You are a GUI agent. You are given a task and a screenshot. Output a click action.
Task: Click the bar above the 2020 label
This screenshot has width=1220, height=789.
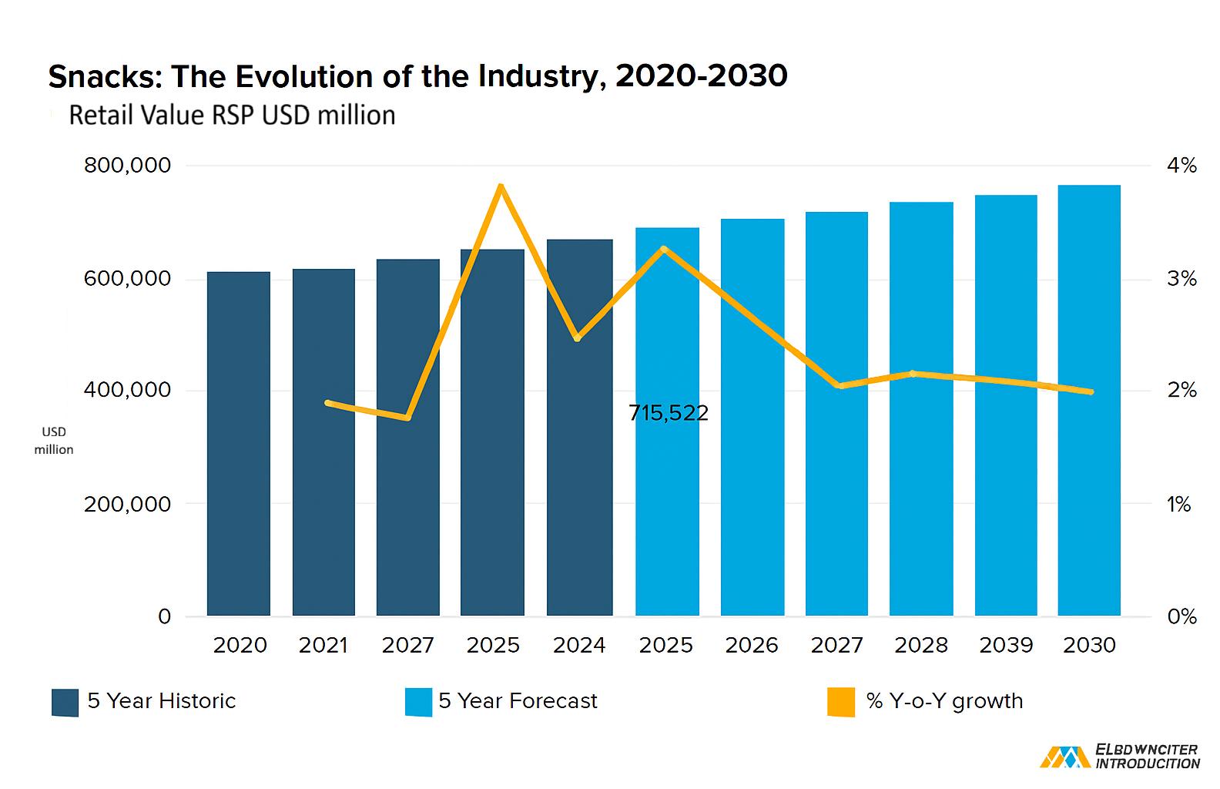pyautogui.click(x=239, y=444)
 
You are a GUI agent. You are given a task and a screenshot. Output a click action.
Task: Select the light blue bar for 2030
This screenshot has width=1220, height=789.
pyautogui.click(x=1089, y=401)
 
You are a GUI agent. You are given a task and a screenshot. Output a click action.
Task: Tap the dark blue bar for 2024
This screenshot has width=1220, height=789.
pyautogui.click(x=579, y=427)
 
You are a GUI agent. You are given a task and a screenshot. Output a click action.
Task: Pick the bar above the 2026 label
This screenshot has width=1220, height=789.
pyautogui.click(x=752, y=418)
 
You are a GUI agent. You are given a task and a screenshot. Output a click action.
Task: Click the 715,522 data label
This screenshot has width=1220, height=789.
pyautogui.click(x=669, y=413)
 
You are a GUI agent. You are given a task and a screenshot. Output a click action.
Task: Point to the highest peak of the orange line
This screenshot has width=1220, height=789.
pyautogui.click(x=501, y=186)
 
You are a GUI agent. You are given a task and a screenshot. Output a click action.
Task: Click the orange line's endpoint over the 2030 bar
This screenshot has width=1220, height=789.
pyautogui.click(x=1091, y=391)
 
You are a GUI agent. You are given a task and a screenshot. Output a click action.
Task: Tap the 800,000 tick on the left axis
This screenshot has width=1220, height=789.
pyautogui.click(x=127, y=165)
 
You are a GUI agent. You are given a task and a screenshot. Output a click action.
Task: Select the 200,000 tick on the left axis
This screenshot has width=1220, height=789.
pyautogui.click(x=127, y=505)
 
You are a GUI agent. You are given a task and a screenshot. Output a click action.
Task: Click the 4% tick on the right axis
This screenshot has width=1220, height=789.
pyautogui.click(x=1181, y=165)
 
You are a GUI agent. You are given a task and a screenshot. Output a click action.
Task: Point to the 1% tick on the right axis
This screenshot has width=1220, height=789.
pyautogui.click(x=1179, y=505)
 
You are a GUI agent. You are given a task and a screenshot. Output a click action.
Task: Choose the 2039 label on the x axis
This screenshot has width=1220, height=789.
pyautogui.click(x=1006, y=645)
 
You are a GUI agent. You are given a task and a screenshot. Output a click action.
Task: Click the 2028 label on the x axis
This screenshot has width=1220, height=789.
pyautogui.click(x=921, y=645)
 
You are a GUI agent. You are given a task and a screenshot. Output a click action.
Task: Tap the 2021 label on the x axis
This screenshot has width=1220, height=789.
pyautogui.click(x=323, y=645)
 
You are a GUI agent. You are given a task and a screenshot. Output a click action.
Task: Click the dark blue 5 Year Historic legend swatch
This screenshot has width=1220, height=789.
pyautogui.click(x=65, y=703)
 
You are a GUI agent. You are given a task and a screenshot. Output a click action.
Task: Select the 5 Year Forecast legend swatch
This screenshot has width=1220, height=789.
pyautogui.click(x=418, y=703)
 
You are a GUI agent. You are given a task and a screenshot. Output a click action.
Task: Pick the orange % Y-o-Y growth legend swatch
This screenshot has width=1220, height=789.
pyautogui.click(x=841, y=703)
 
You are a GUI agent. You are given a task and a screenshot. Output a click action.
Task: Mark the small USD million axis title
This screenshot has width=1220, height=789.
pyautogui.click(x=54, y=441)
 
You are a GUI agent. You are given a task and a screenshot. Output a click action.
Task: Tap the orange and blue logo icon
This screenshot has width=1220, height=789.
pyautogui.click(x=1065, y=757)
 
